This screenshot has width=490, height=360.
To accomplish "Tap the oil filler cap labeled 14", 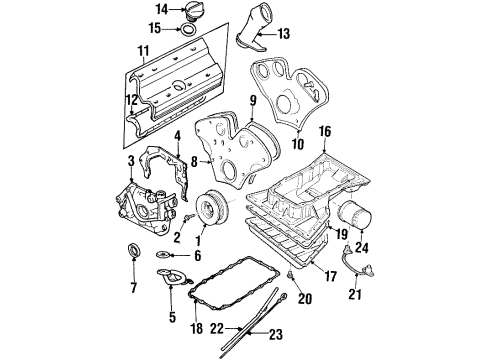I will pyautogui.click(x=191, y=11).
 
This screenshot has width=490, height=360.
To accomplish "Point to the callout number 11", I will pyautogui.click(x=142, y=50).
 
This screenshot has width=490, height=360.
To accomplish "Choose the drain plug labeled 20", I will pyautogui.click(x=289, y=273).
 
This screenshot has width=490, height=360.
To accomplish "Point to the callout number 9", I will pyautogui.click(x=253, y=100).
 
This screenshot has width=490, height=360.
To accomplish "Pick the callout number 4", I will pyautogui.click(x=176, y=135).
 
